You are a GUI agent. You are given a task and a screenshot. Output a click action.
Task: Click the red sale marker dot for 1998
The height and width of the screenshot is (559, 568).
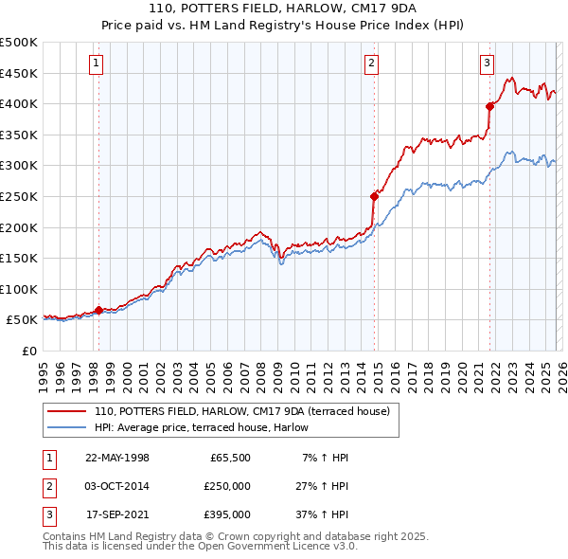click(98, 310)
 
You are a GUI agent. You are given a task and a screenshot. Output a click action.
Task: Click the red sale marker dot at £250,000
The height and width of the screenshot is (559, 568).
click(374, 196)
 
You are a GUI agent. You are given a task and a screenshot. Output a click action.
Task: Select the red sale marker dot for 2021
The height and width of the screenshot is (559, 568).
click(489, 106)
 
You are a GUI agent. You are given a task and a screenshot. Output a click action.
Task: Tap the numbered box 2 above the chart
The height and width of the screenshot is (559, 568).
click(372, 63)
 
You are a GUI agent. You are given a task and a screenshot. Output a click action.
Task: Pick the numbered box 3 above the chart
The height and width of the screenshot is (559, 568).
click(488, 63)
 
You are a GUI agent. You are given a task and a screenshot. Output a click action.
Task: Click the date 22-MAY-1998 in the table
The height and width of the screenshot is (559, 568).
click(117, 458)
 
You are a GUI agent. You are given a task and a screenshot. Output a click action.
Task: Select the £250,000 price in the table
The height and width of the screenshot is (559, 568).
click(227, 486)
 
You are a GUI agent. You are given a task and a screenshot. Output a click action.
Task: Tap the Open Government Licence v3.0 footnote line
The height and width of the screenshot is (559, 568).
click(201, 546)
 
